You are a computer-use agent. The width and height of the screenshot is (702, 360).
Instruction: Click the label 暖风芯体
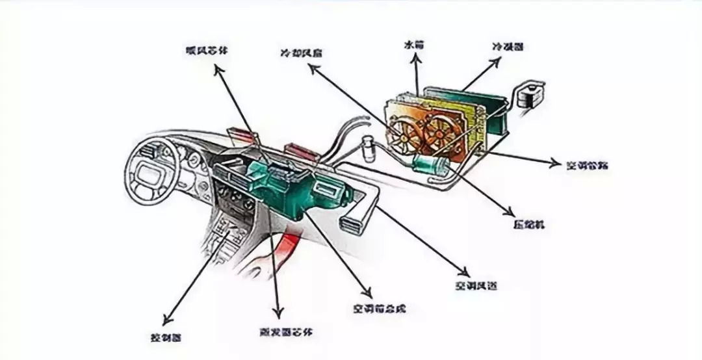point(203,50)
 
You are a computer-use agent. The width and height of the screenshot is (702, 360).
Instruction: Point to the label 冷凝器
point(508,47)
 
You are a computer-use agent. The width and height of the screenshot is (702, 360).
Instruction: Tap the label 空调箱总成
point(380,308)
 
